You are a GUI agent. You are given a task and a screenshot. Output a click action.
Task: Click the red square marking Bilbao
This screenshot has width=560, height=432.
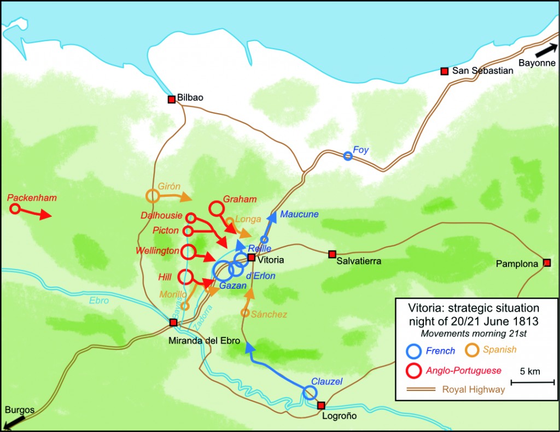pos(171,99)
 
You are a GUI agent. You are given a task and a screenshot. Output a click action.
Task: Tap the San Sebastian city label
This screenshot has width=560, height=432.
pos(482,71)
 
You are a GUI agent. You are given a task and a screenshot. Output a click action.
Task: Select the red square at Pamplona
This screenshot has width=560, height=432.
pos(547,263)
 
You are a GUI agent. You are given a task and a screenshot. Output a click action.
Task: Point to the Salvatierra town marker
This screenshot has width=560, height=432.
pos(331,254)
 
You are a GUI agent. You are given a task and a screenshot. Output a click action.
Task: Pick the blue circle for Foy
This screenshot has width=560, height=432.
pos(347,156)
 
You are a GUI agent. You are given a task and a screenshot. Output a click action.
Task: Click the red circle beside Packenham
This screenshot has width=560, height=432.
pos(15,208)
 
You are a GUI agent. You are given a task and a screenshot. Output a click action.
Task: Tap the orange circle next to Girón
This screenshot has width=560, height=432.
pos(153,196)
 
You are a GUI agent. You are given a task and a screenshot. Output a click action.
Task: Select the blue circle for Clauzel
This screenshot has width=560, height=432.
pos(310,393)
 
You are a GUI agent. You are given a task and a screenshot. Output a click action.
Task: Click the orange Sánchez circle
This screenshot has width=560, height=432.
pos(245,313)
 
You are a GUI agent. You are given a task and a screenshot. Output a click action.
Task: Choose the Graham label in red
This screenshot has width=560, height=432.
pos(240,200)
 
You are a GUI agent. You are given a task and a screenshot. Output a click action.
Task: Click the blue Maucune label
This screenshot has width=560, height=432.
pos(299,214)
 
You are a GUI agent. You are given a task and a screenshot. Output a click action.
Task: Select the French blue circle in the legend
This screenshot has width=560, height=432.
pos(415,351)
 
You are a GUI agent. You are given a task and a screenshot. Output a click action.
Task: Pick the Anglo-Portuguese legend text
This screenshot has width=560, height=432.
pos(463,371)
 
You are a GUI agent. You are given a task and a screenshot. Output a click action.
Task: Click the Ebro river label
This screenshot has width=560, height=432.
pos(98,300)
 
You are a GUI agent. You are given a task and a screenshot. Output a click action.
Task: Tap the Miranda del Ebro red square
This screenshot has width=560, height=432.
pos(173,323)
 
